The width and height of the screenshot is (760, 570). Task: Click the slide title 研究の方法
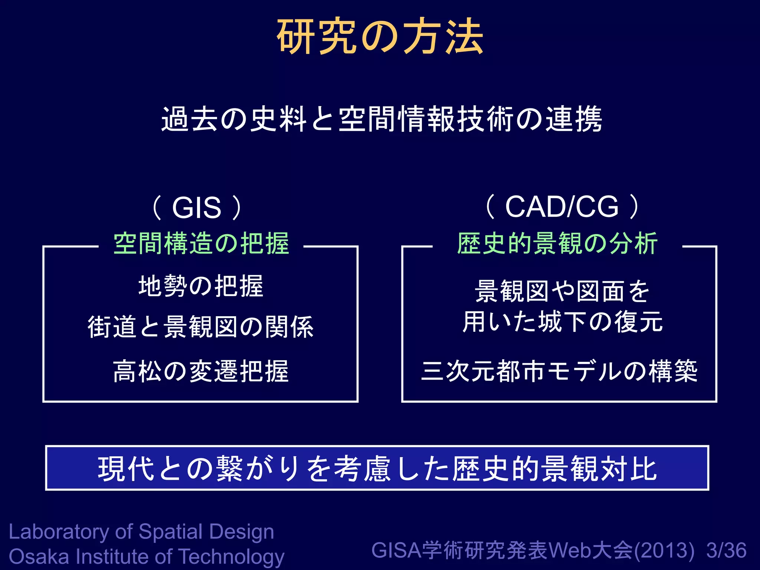[380, 36]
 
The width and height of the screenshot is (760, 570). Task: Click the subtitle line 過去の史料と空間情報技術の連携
[381, 119]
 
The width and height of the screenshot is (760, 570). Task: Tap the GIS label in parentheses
[197, 207]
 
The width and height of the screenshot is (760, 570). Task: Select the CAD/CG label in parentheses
[562, 207]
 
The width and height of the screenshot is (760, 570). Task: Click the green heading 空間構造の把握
[201, 243]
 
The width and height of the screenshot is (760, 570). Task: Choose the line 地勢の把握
[201, 286]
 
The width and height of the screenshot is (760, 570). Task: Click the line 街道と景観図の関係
[201, 327]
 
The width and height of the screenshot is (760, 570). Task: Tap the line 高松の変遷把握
[201, 371]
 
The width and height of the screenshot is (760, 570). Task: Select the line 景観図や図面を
[562, 291]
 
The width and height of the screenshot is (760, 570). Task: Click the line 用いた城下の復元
[562, 321]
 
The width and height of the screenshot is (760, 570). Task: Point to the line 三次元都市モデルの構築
[559, 371]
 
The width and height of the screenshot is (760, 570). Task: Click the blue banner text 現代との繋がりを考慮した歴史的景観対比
[377, 469]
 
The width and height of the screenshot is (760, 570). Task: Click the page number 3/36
[726, 550]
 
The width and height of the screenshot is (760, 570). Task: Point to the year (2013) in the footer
[664, 551]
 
